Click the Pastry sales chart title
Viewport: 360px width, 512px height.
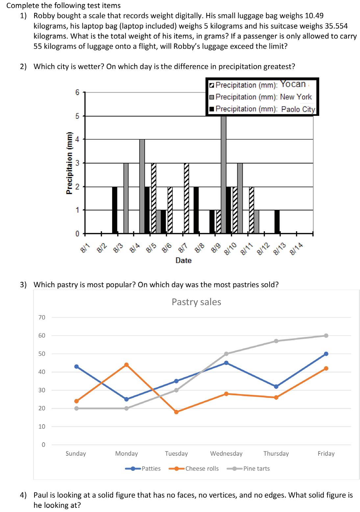point(196,302)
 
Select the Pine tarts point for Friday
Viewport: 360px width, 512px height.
point(326,336)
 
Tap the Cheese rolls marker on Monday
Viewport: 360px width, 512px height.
point(126,365)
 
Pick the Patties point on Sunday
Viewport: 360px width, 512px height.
point(77,367)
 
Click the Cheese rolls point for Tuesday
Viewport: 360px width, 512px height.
point(176,412)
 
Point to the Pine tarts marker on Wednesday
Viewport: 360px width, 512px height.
point(226,354)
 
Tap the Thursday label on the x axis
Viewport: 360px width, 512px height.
point(276,453)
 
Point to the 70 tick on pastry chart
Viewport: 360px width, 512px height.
point(42,317)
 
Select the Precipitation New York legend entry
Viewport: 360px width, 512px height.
point(260,97)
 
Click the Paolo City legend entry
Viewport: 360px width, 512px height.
point(262,109)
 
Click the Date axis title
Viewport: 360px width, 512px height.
point(183,260)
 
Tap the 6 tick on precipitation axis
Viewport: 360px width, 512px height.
point(77,92)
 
